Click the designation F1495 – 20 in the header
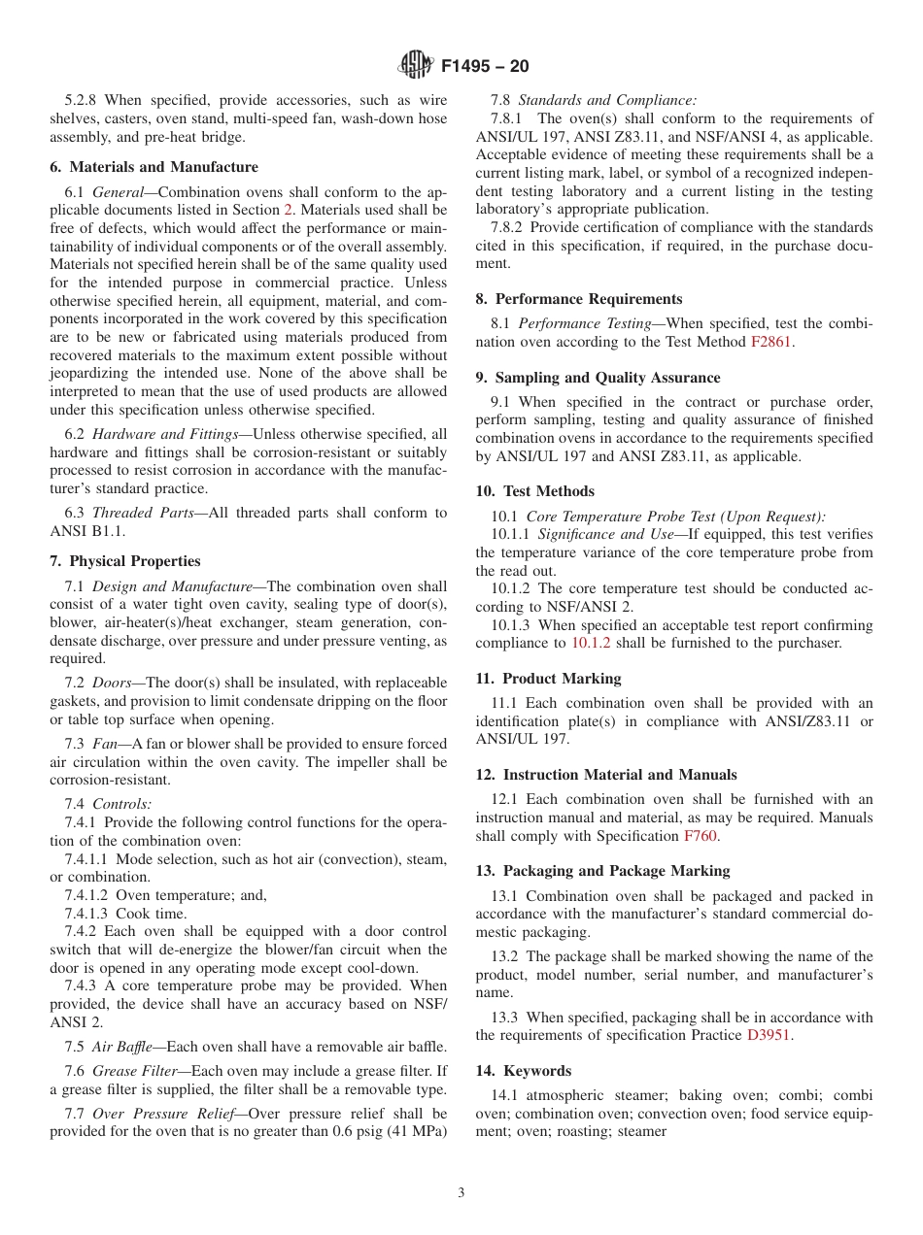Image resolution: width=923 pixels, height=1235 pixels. (x=485, y=67)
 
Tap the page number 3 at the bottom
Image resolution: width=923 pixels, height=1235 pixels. (x=461, y=1193)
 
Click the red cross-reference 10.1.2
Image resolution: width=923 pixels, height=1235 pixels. (x=591, y=643)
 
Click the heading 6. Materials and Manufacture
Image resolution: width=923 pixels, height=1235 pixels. (x=154, y=167)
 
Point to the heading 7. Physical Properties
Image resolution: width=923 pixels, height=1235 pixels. (x=125, y=561)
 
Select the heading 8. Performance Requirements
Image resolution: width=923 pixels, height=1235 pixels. (x=579, y=299)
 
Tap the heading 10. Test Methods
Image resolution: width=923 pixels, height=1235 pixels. (x=535, y=491)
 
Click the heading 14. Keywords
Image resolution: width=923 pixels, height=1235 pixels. (x=524, y=1071)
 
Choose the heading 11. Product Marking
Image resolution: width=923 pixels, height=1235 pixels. (x=548, y=679)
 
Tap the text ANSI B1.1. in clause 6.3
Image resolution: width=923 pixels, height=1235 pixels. (x=86, y=531)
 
